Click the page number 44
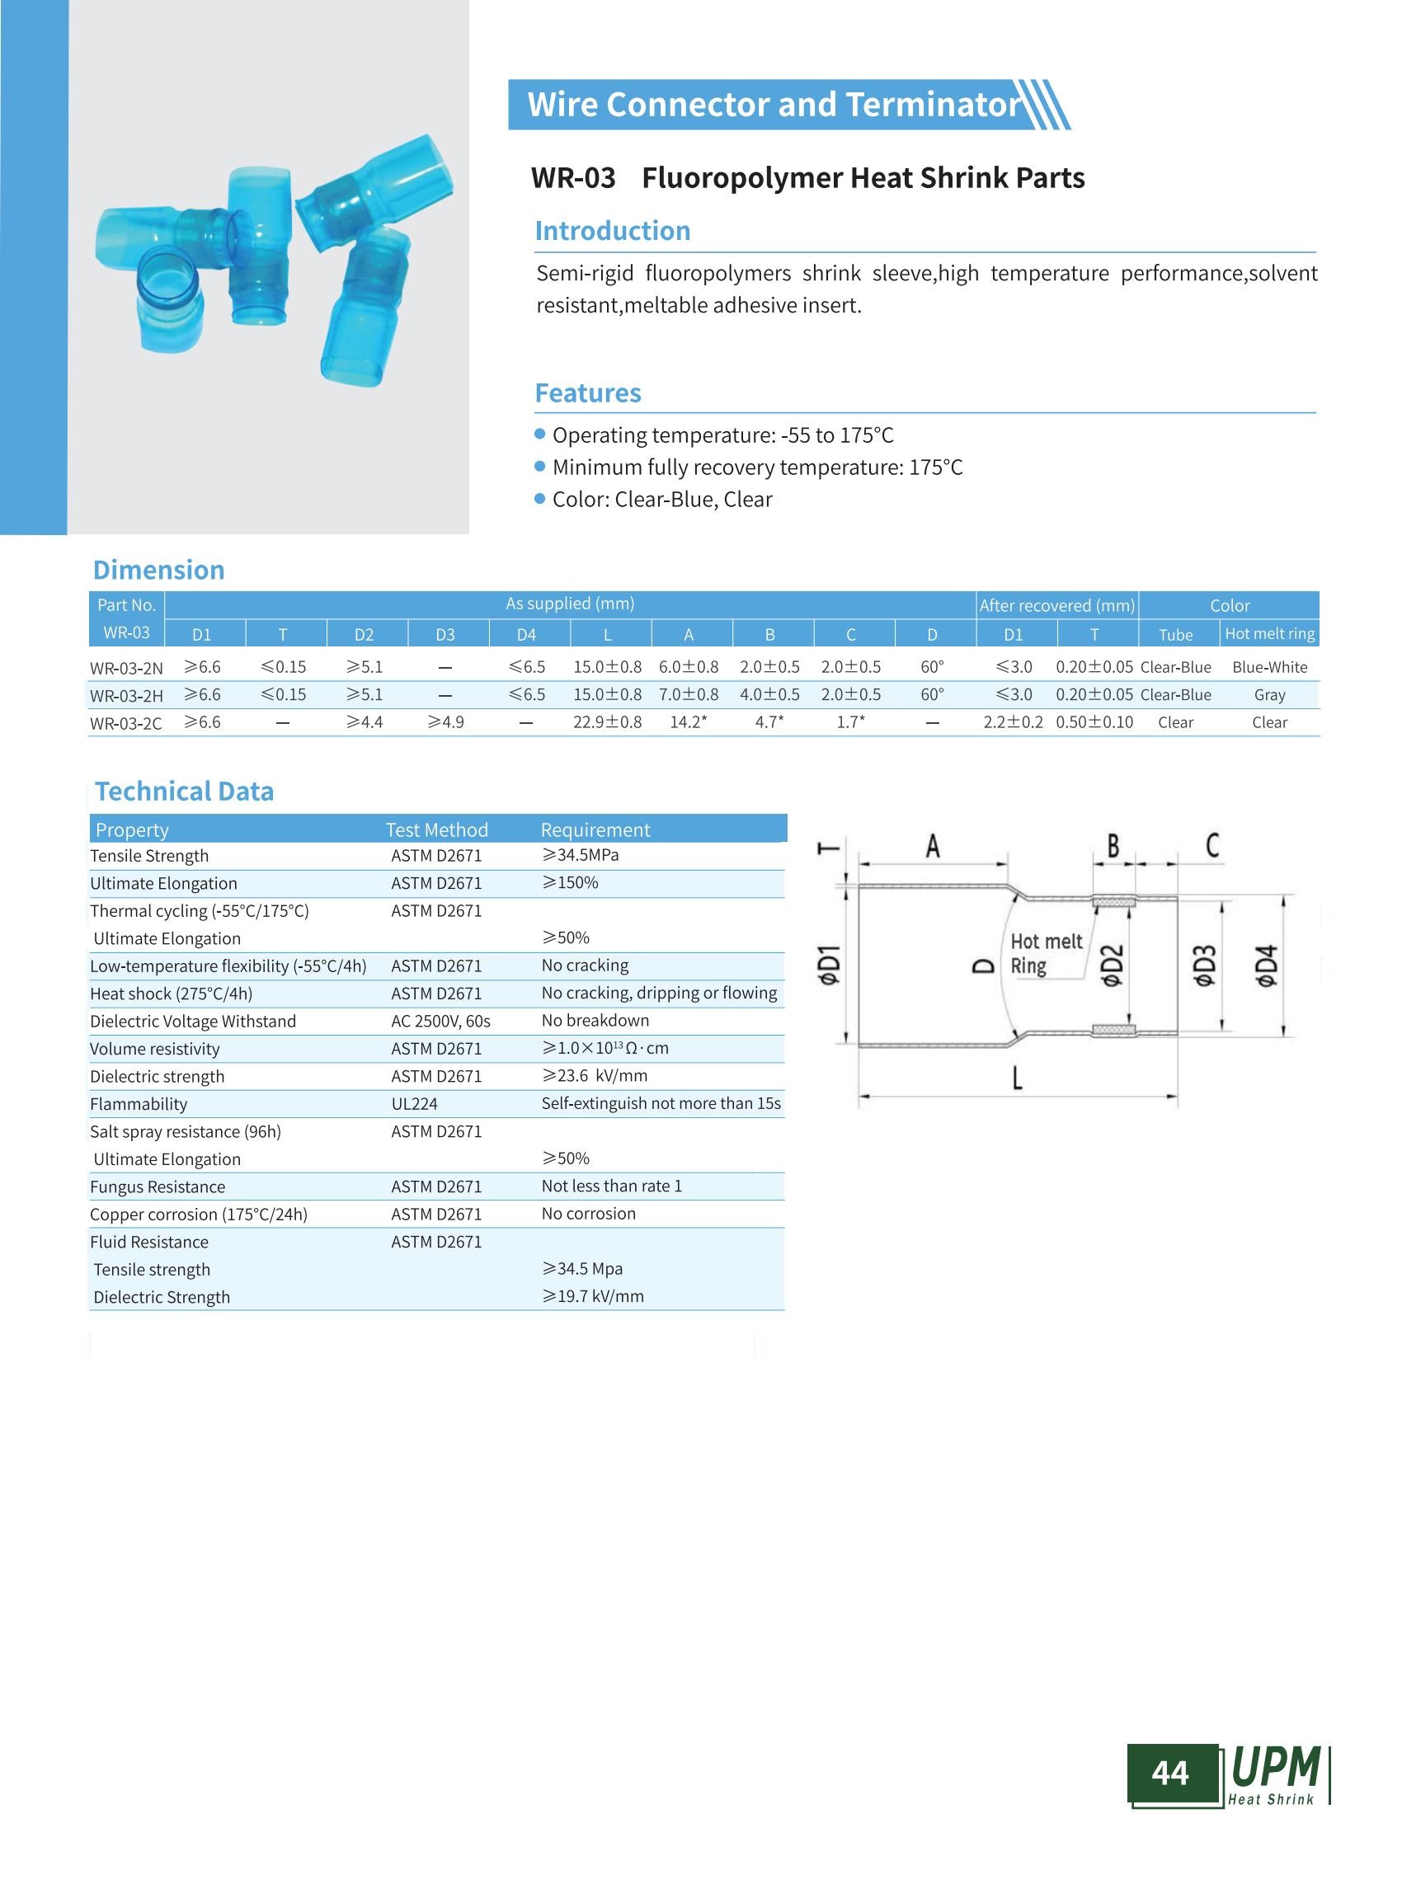(1169, 1773)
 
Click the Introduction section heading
(612, 231)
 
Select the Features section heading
(587, 393)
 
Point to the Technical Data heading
(184, 791)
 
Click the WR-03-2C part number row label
(125, 723)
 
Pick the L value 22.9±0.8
(607, 722)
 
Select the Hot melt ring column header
(1268, 634)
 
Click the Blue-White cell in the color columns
(1268, 668)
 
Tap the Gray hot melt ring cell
(1268, 695)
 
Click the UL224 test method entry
(414, 1104)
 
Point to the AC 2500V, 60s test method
(440, 1021)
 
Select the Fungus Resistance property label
(157, 1186)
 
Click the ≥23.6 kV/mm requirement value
(594, 1076)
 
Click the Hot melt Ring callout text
(1045, 954)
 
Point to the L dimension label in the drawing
(1017, 1078)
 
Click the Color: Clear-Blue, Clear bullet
(662, 499)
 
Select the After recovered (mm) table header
(1056, 605)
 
